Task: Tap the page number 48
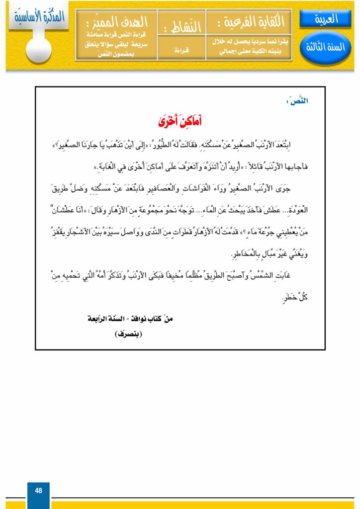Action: [38, 491]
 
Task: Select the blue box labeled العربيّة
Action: [326, 19]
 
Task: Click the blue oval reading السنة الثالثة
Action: [326, 48]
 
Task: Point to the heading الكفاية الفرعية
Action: [249, 22]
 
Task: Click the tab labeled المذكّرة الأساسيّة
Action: [37, 15]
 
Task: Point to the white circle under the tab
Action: [39, 50]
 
